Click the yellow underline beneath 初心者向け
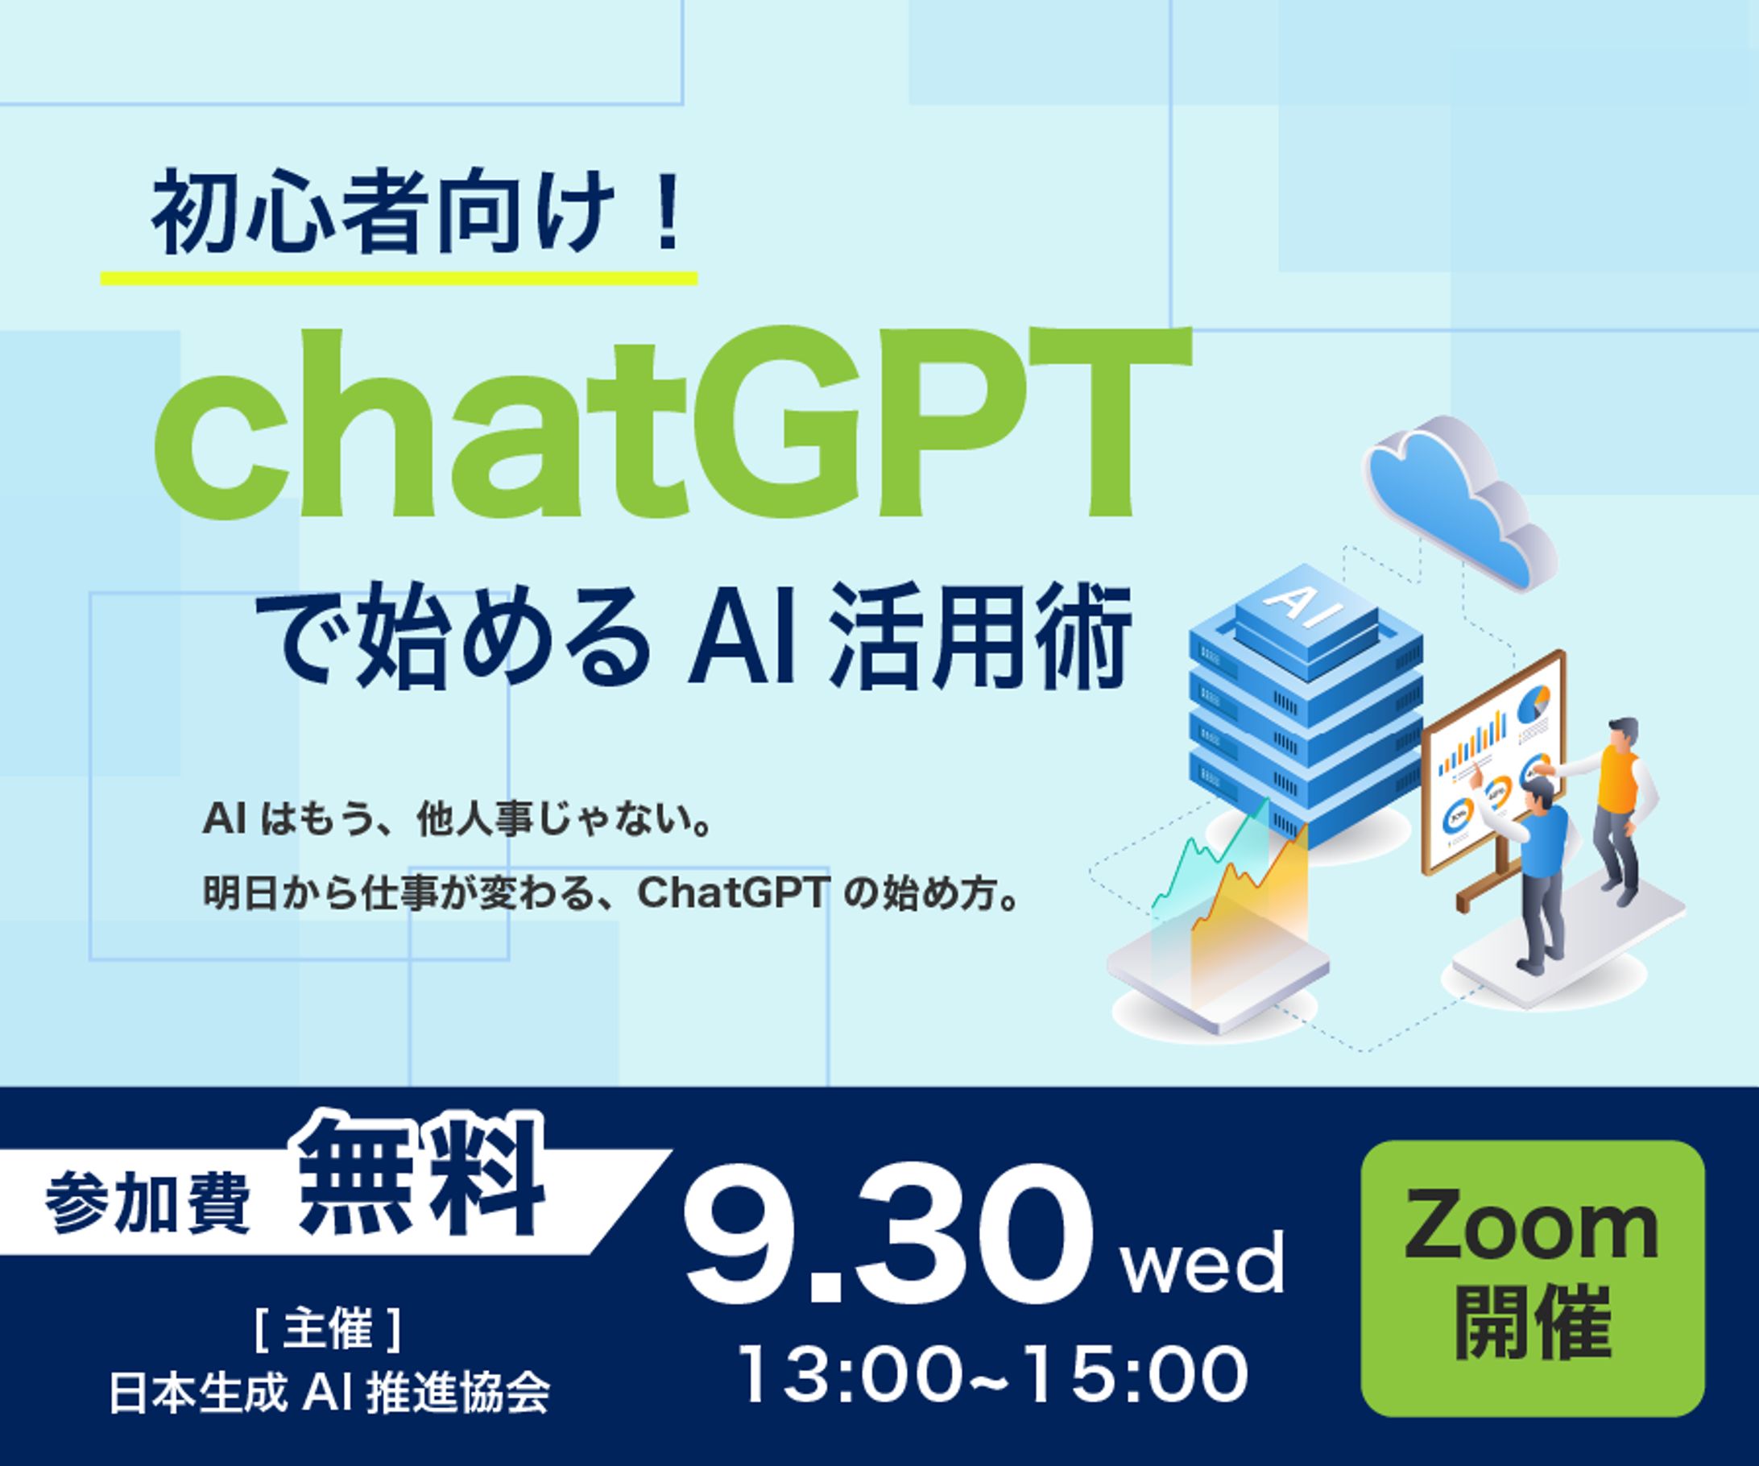pyautogui.click(x=399, y=278)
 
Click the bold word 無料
pyautogui.click(x=423, y=1178)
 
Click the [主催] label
pyautogui.click(x=328, y=1331)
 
